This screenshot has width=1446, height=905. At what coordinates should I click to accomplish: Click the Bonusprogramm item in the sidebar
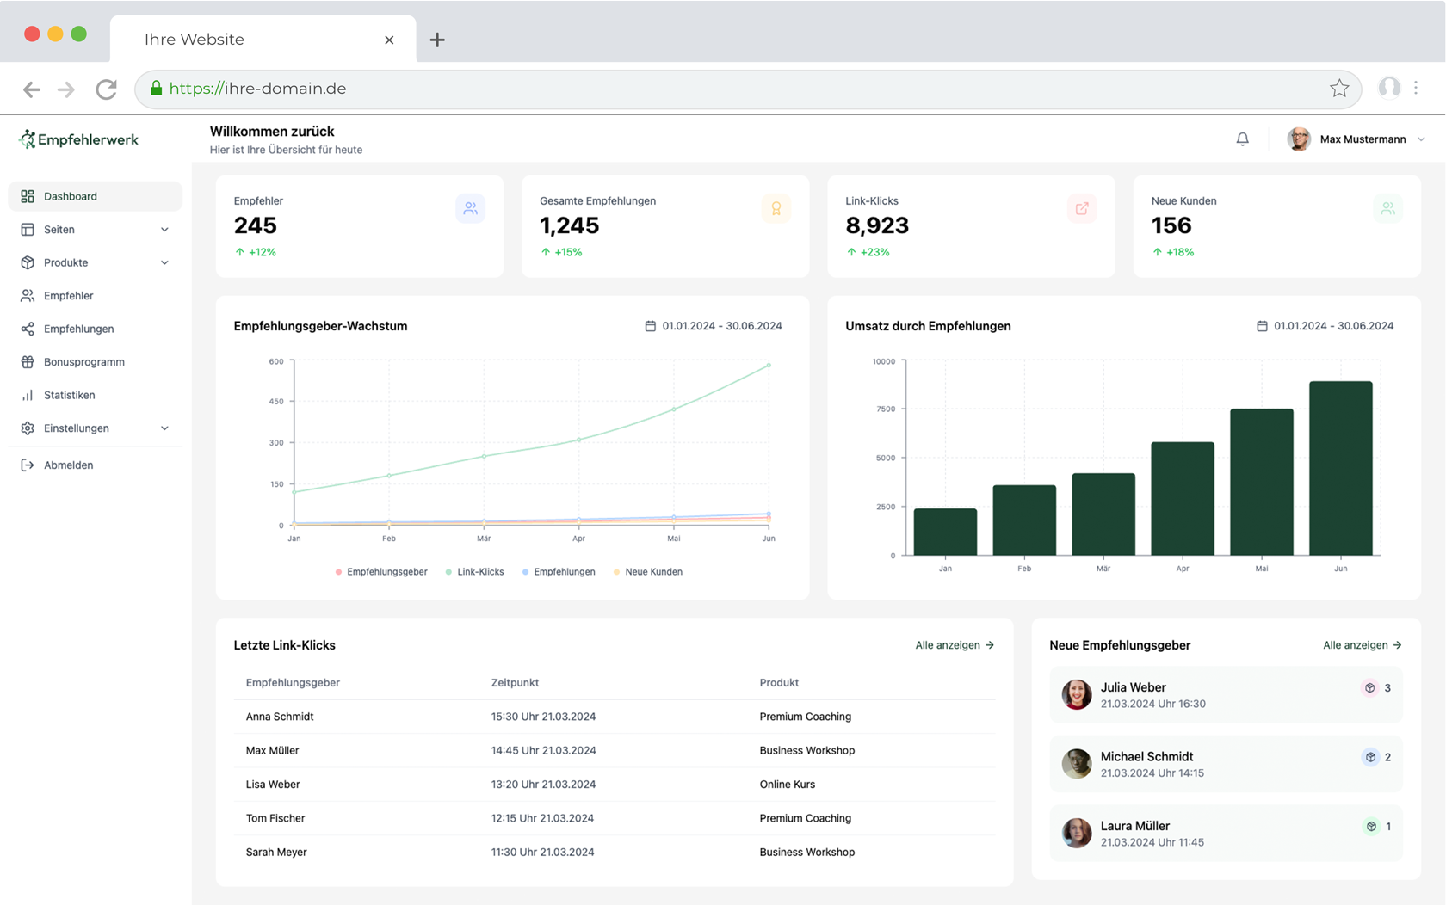click(83, 362)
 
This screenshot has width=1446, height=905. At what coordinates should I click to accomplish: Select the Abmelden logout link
click(68, 465)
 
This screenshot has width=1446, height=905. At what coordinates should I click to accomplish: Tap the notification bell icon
click(1242, 139)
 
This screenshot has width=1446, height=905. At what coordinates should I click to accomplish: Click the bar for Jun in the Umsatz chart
click(1340, 469)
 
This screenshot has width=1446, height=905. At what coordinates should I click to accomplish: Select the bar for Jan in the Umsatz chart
click(945, 532)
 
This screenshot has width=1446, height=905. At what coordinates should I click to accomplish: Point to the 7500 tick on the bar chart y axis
click(886, 409)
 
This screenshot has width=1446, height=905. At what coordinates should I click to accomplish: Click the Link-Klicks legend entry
click(479, 572)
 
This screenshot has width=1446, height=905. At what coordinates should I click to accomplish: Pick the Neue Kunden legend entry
click(652, 572)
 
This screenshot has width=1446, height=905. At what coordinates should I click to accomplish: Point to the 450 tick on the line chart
click(276, 402)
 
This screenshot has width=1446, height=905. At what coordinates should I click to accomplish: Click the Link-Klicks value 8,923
click(877, 225)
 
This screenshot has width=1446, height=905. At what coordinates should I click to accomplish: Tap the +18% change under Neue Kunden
click(1179, 252)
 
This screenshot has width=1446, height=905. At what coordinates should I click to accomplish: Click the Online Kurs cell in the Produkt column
click(787, 785)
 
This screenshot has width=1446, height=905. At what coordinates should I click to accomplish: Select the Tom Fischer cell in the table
click(275, 818)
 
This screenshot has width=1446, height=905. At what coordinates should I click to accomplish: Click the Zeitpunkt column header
click(515, 683)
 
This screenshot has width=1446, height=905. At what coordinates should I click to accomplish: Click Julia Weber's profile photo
click(1076, 694)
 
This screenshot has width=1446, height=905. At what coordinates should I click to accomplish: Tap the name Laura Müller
click(1134, 826)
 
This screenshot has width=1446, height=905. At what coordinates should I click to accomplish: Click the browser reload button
click(106, 89)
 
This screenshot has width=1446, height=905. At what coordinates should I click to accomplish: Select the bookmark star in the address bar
click(1338, 89)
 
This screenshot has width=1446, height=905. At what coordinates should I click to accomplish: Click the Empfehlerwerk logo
click(79, 139)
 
